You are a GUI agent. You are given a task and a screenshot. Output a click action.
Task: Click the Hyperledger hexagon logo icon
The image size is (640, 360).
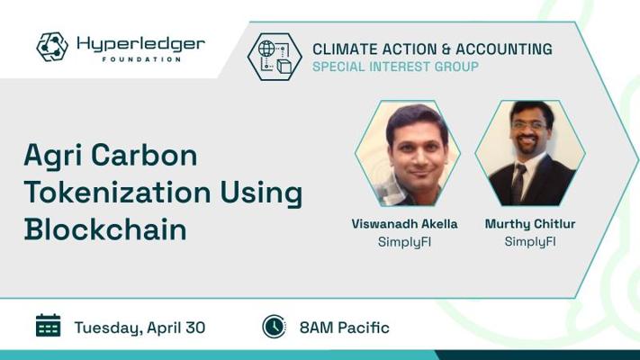point(52,47)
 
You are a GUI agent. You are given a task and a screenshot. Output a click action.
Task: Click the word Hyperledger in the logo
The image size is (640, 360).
point(140,44)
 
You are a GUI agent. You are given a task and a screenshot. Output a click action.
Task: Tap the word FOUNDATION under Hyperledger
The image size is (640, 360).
point(141,59)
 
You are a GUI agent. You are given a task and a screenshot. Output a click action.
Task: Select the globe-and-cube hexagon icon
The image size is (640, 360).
point(275,57)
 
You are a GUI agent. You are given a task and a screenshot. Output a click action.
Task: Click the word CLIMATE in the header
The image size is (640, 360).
point(345,49)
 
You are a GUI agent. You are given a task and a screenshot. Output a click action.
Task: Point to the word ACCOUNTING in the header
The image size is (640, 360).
point(504,49)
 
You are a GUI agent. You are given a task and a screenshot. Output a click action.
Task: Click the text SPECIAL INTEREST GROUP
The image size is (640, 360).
point(395,67)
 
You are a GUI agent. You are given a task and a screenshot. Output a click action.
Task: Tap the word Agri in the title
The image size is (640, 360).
point(53,157)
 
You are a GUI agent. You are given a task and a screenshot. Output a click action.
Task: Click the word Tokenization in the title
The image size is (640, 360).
point(117,193)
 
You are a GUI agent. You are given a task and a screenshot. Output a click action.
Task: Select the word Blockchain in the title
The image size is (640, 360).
point(105,229)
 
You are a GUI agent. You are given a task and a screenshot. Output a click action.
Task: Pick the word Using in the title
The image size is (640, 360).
point(261,193)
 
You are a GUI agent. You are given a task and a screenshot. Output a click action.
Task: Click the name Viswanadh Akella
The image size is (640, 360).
point(404,224)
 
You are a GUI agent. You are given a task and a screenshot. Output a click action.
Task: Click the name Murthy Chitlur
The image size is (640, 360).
point(530,224)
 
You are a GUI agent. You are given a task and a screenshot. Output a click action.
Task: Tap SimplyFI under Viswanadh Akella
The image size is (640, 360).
point(404,241)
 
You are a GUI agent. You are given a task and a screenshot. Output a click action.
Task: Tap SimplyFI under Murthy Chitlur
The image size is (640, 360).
point(530,241)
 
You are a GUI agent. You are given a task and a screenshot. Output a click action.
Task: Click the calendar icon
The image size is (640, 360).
point(49,325)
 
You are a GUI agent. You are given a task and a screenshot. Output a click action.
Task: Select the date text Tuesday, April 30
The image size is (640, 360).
point(140,328)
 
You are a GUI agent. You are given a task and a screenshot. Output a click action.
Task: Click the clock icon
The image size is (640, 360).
point(274,327)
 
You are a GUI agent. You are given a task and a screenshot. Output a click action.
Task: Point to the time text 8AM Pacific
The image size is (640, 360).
point(345,328)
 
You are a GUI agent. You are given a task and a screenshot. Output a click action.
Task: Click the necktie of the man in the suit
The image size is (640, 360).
point(518,184)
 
